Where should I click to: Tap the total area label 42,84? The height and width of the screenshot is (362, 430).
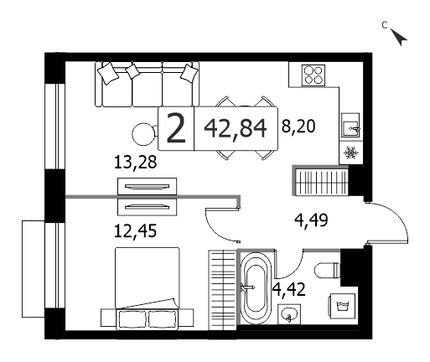coord(236,128)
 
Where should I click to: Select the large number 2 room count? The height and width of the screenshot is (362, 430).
coord(176,129)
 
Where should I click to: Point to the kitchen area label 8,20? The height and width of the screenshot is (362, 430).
coord(298,127)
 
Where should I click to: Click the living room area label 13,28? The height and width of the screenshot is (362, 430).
coord(135,162)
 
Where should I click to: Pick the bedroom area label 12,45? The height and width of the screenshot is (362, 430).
coord(135,231)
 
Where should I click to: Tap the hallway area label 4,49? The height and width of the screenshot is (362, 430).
coord(311,220)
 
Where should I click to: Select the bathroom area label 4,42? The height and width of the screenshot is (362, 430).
coord(289,289)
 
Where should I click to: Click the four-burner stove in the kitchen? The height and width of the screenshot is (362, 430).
coord(313,75)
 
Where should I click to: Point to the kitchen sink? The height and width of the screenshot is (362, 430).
coord(350,125)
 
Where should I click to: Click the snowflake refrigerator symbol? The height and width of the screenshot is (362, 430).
coord(350,153)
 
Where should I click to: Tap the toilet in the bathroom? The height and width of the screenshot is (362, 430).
coord(327,271)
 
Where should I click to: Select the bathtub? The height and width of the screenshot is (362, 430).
coord(256,287)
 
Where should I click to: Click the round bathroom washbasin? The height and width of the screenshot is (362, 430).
coord(289,314)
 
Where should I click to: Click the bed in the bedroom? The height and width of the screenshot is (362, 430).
coord(148,288)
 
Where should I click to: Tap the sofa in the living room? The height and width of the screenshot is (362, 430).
coord(148,84)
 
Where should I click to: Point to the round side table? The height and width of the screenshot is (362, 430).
coord(143,134)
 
